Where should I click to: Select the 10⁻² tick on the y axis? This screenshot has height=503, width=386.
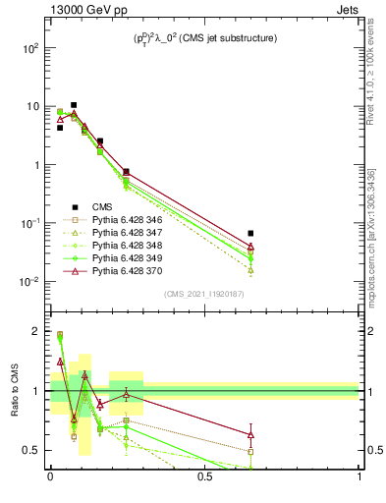(x=29, y=282)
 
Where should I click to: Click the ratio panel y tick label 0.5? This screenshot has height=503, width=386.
(x=32, y=450)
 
